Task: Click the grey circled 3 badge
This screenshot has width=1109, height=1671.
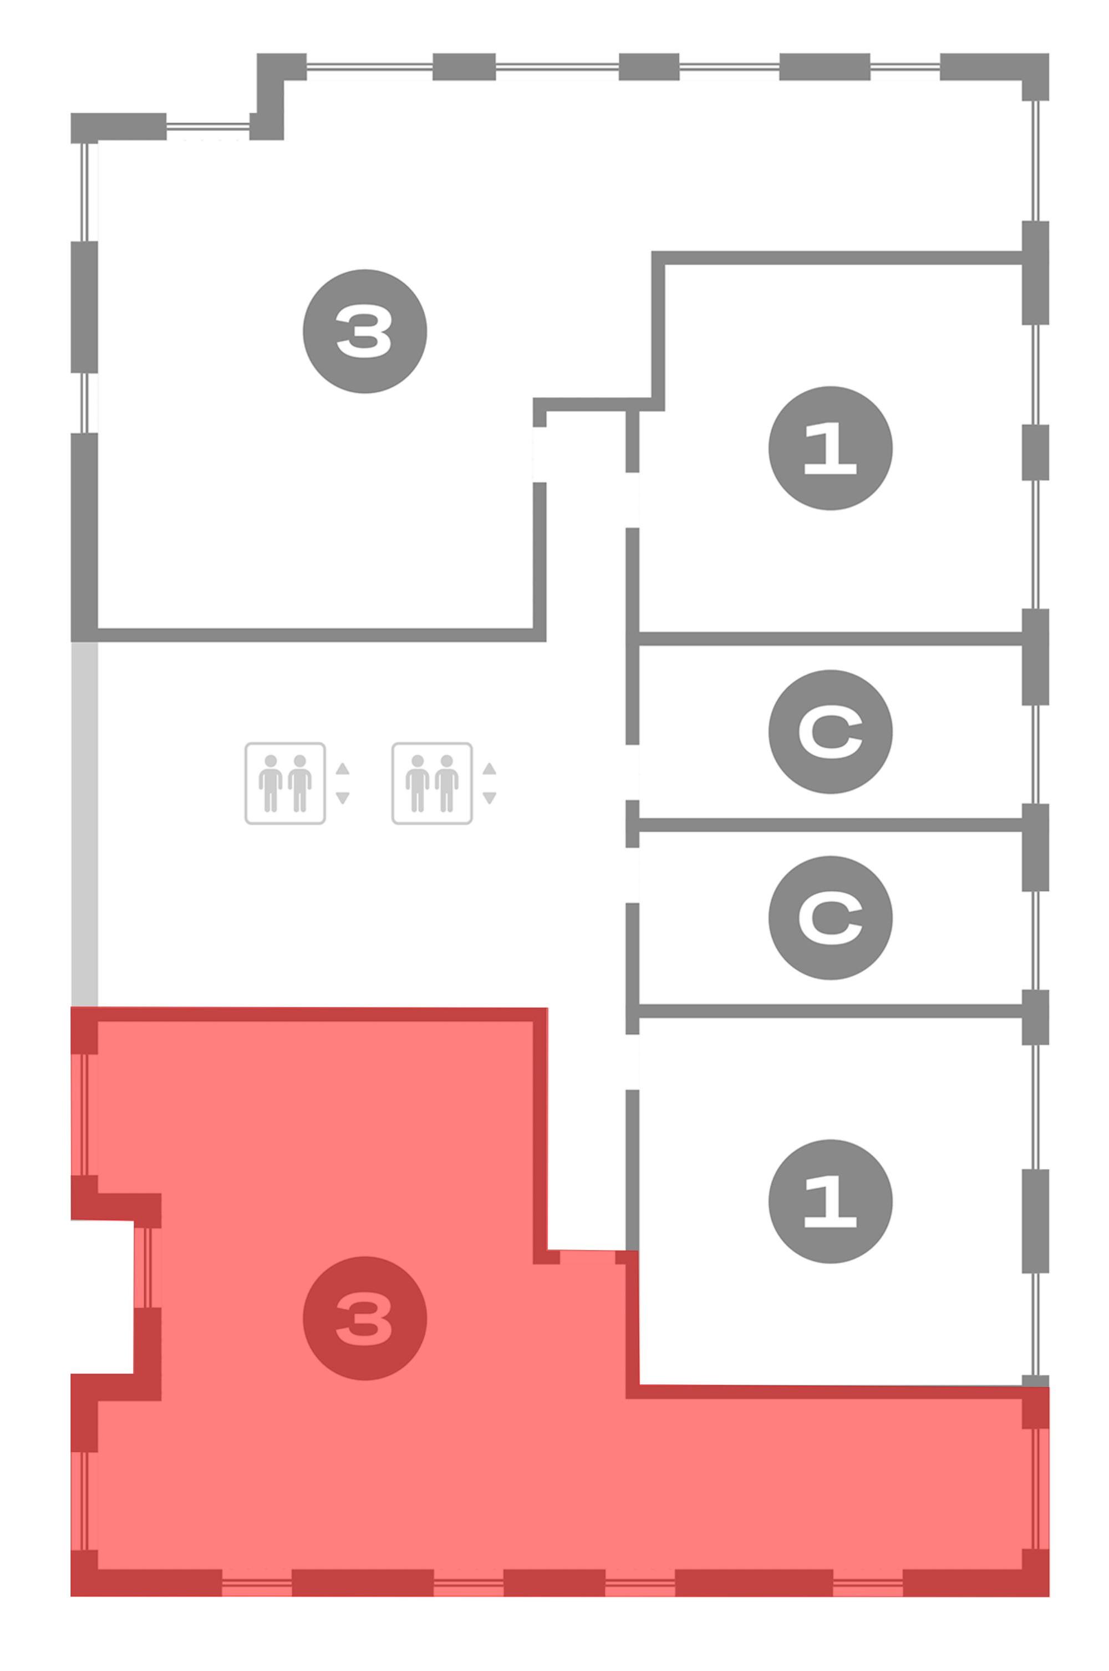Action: pyautogui.click(x=364, y=331)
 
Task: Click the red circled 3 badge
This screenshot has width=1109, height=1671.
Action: pyautogui.click(x=364, y=1318)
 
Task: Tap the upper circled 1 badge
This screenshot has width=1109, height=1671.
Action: pyautogui.click(x=830, y=448)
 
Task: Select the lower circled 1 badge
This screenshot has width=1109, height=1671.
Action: pyautogui.click(x=830, y=1201)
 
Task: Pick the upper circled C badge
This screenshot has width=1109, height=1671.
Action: pyautogui.click(x=830, y=732)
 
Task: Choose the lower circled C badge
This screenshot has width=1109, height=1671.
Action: pyautogui.click(x=830, y=918)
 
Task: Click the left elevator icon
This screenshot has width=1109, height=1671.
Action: pyautogui.click(x=285, y=783)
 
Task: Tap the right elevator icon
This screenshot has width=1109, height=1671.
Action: pyautogui.click(x=432, y=783)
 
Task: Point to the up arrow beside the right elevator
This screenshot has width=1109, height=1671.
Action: pyautogui.click(x=490, y=769)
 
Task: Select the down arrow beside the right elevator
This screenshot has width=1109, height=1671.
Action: pyautogui.click(x=490, y=798)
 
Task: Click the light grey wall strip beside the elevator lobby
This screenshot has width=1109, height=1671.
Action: pyautogui.click(x=84, y=824)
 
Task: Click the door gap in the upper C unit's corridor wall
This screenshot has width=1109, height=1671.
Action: pyautogui.click(x=632, y=773)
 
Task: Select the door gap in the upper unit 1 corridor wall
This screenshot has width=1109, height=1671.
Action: pyautogui.click(x=632, y=499)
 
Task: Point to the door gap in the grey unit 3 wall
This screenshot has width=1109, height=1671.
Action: pyautogui.click(x=540, y=454)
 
